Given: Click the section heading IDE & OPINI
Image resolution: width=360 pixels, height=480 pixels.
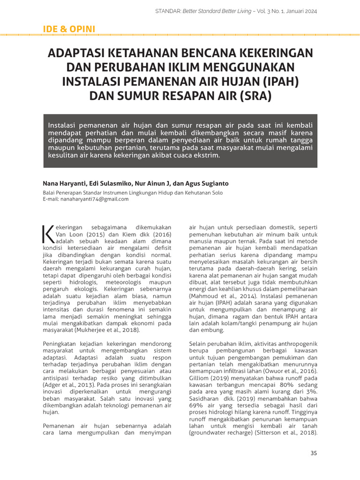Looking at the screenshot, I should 69,29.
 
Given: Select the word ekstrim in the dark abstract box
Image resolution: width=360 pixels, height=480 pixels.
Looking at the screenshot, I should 206,155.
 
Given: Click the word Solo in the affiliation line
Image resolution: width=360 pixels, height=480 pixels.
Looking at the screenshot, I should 217,192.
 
